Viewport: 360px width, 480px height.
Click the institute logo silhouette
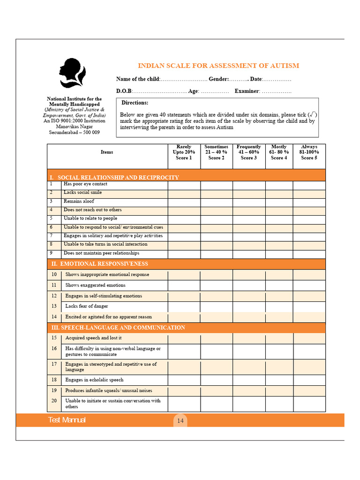pyautogui.click(x=73, y=74)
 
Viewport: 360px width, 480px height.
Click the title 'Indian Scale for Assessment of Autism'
pyautogui.click(x=218, y=66)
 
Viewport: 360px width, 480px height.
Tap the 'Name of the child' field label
pyautogui.click(x=138, y=79)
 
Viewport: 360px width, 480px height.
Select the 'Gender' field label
pyautogui.click(x=218, y=79)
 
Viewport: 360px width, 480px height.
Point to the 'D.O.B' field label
pyautogui.click(x=124, y=91)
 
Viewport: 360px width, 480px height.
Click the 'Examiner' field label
pyautogui.click(x=247, y=91)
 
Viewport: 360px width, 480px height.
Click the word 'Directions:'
pyautogui.click(x=135, y=103)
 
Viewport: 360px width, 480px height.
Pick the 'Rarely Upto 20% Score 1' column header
pyautogui.click(x=184, y=152)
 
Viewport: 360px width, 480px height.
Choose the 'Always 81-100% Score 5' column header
pyautogui.click(x=309, y=152)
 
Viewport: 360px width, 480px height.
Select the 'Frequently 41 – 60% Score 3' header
pyautogui.click(x=248, y=152)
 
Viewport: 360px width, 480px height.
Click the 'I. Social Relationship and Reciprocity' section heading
pyautogui.click(x=114, y=177)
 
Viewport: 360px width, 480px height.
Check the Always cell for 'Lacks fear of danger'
pyautogui.click(x=309, y=306)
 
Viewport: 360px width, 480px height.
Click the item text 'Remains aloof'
pyautogui.click(x=79, y=201)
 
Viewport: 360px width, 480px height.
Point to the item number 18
pyautogui.click(x=54, y=380)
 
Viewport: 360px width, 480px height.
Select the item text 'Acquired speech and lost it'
pyautogui.click(x=93, y=338)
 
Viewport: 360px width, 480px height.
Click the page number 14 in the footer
pyautogui.click(x=180, y=420)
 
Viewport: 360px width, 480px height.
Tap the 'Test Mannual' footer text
pyautogui.click(x=67, y=420)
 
